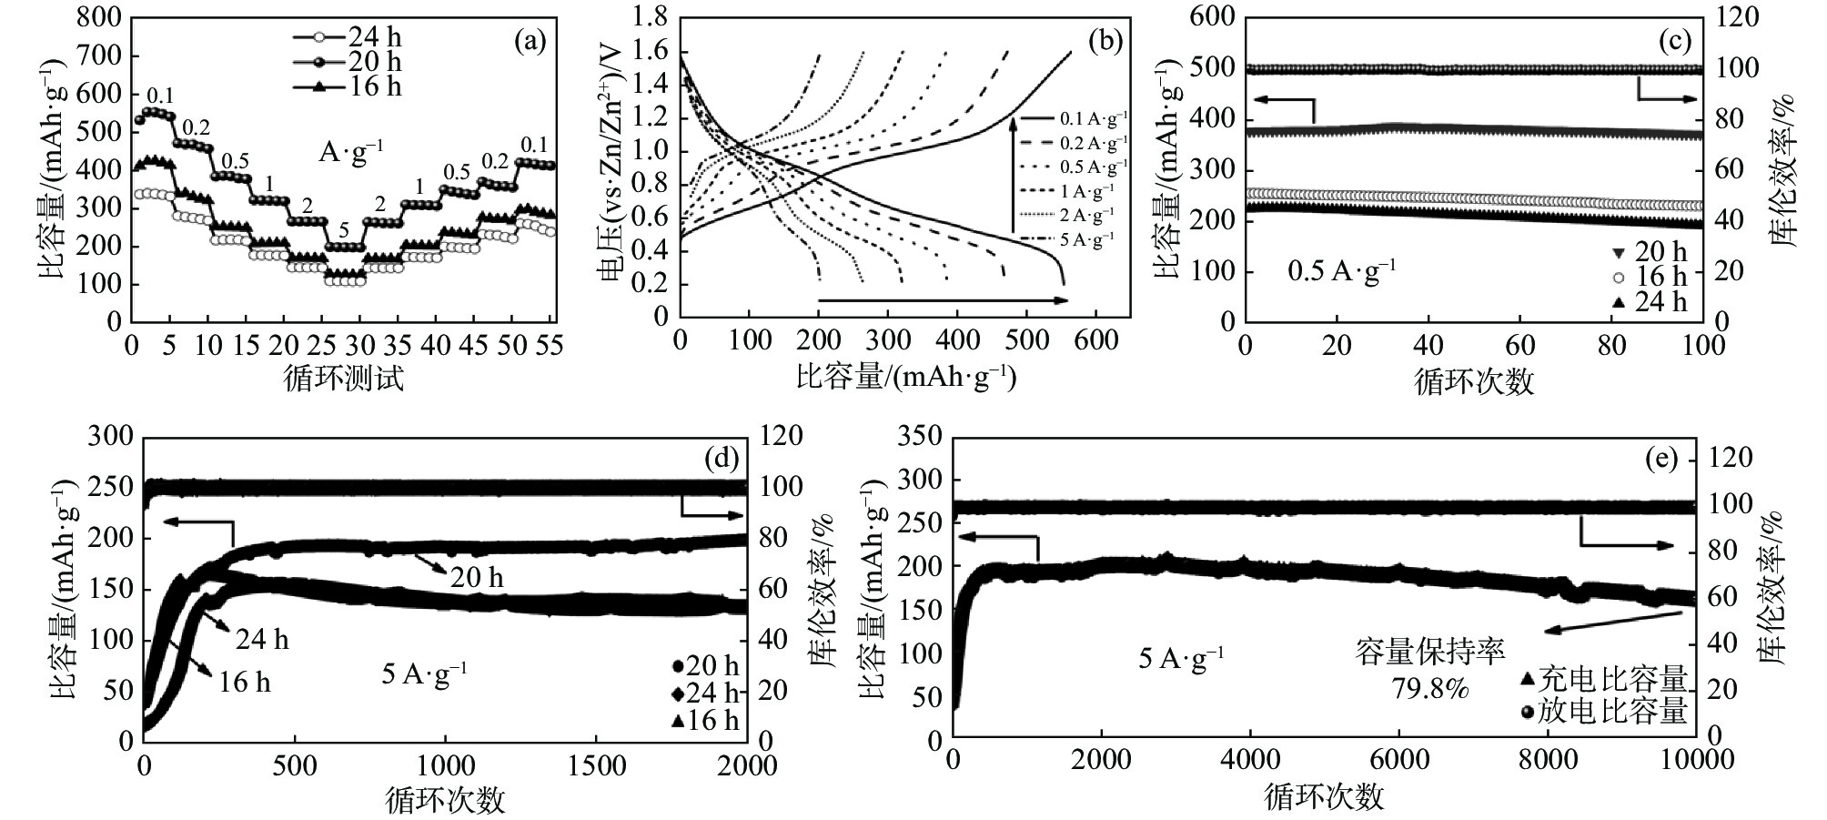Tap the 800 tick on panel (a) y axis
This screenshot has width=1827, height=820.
click(100, 17)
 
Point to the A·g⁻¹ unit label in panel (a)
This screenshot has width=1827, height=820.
click(350, 152)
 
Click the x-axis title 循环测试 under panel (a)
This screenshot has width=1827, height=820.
click(344, 378)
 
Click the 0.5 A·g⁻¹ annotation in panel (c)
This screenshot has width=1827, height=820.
click(1341, 271)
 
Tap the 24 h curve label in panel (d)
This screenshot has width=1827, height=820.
click(262, 640)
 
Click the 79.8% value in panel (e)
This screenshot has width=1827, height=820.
click(1429, 689)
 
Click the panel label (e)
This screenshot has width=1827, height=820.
click(1660, 460)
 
